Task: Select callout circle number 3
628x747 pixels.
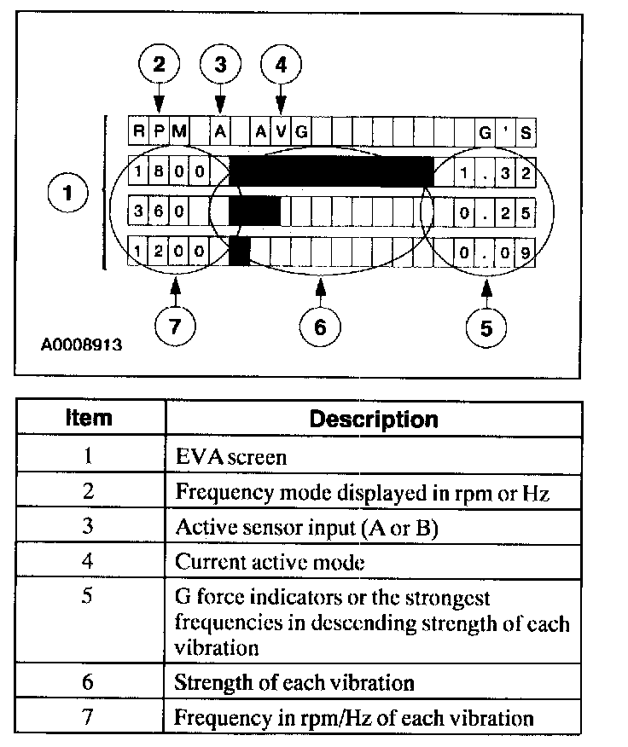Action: click(x=221, y=64)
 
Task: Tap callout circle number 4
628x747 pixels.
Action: click(x=281, y=64)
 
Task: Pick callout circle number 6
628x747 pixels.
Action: click(x=320, y=327)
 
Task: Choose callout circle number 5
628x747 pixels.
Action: click(x=486, y=327)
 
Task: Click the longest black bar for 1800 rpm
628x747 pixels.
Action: click(x=331, y=171)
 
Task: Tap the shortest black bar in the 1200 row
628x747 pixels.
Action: click(x=240, y=251)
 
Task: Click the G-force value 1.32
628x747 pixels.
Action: click(x=496, y=173)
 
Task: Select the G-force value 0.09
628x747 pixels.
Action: click(x=496, y=252)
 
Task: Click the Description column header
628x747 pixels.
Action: click(x=373, y=420)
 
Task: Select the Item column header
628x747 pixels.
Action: click(x=90, y=419)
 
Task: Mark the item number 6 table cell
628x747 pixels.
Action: click(x=90, y=682)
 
